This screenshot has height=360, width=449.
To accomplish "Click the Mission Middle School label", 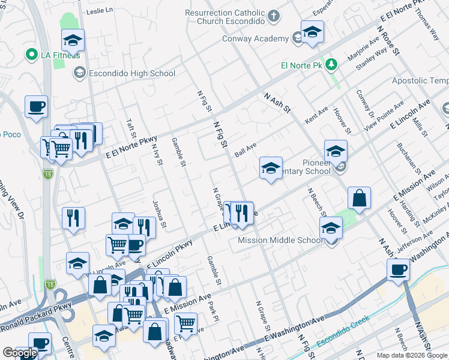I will tap(280, 241).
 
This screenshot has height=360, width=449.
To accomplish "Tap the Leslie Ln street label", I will tap(100, 11).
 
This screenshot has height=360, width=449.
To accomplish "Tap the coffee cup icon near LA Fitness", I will tap(36, 106).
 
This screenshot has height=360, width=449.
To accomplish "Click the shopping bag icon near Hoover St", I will tap(359, 199).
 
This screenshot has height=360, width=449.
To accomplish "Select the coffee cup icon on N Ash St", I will tap(399, 270).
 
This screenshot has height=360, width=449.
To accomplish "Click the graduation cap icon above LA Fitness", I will tap(73, 40).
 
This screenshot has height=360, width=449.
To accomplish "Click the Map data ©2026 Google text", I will tap(412, 355).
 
